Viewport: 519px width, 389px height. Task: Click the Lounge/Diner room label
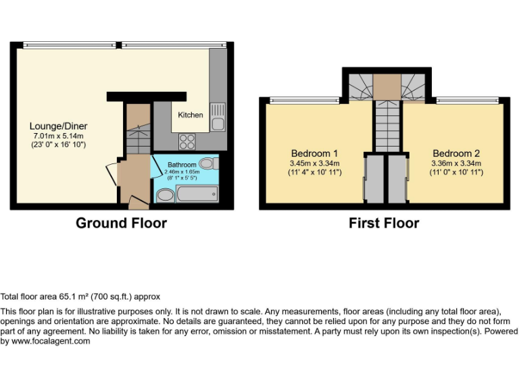[58, 126]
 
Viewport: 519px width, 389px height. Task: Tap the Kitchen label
[190, 115]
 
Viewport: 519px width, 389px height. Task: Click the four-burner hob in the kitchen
[187, 142]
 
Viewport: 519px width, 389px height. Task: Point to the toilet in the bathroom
[209, 163]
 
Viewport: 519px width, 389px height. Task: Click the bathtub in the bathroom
[196, 195]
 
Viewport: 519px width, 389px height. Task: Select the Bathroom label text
[182, 165]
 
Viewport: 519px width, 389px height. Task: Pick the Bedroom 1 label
[314, 153]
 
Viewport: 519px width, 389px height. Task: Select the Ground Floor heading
[121, 223]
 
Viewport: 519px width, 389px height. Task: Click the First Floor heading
[384, 223]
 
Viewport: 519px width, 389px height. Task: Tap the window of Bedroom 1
[304, 101]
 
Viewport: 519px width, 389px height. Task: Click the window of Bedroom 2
[467, 101]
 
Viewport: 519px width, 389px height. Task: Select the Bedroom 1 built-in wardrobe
[374, 179]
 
